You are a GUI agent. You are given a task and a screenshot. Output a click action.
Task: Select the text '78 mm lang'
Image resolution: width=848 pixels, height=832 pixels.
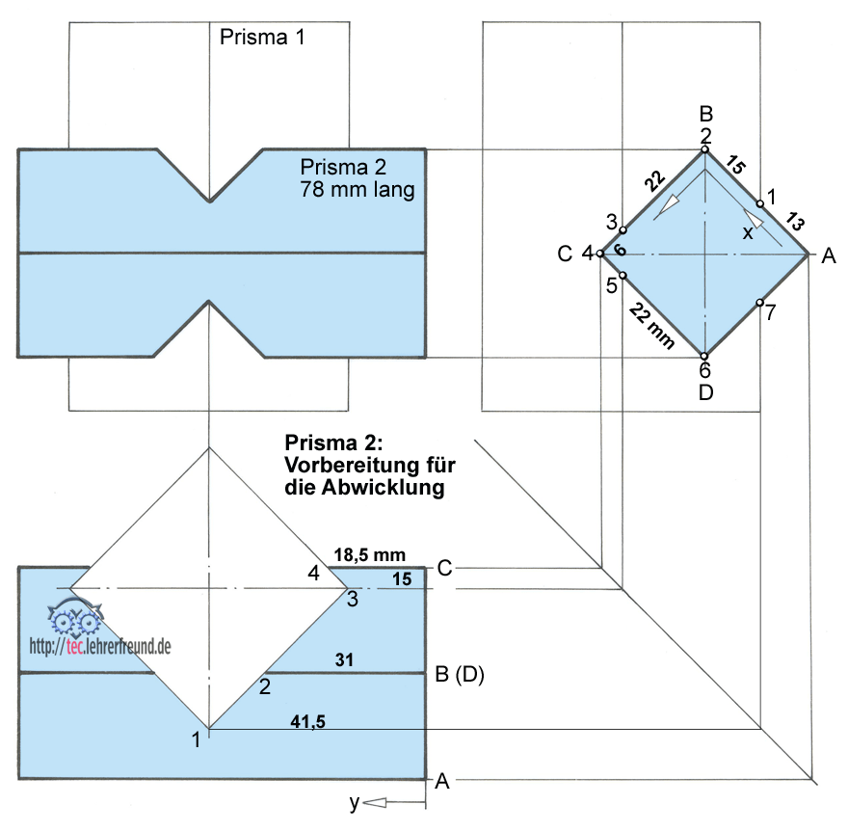pyautogui.click(x=358, y=190)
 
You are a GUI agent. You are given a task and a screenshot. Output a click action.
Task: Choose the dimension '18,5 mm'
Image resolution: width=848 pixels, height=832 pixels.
pyautogui.click(x=369, y=555)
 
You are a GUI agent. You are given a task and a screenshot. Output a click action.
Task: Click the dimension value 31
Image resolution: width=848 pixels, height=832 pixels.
pyautogui.click(x=344, y=659)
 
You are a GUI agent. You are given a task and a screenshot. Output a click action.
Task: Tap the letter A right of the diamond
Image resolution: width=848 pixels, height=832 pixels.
pyautogui.click(x=827, y=256)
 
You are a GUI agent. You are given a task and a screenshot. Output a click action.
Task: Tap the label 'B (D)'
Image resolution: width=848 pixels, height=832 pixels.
pyautogui.click(x=459, y=675)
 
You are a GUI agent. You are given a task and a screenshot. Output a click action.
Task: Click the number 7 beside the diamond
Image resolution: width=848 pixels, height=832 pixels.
pyautogui.click(x=770, y=314)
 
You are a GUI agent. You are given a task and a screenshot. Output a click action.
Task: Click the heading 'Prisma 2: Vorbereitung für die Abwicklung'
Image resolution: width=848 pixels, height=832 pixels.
pyautogui.click(x=370, y=465)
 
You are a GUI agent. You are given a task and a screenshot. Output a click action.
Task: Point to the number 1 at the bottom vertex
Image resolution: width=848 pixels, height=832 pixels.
pyautogui.click(x=197, y=739)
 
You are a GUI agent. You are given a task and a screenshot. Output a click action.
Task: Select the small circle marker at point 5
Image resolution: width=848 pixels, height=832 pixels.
pyautogui.click(x=623, y=276)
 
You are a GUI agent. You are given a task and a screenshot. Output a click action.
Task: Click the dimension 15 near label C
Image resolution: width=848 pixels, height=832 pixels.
pyautogui.click(x=402, y=577)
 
